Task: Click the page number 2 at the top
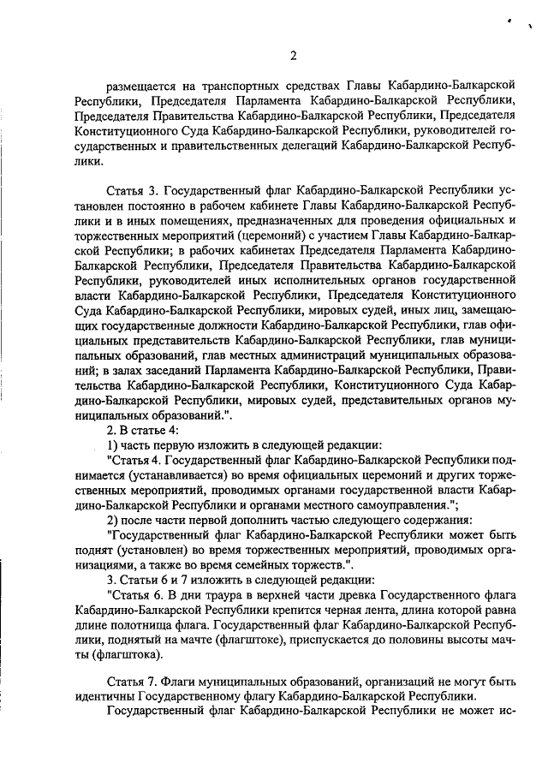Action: (x=293, y=57)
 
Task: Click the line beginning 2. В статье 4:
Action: (x=142, y=430)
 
